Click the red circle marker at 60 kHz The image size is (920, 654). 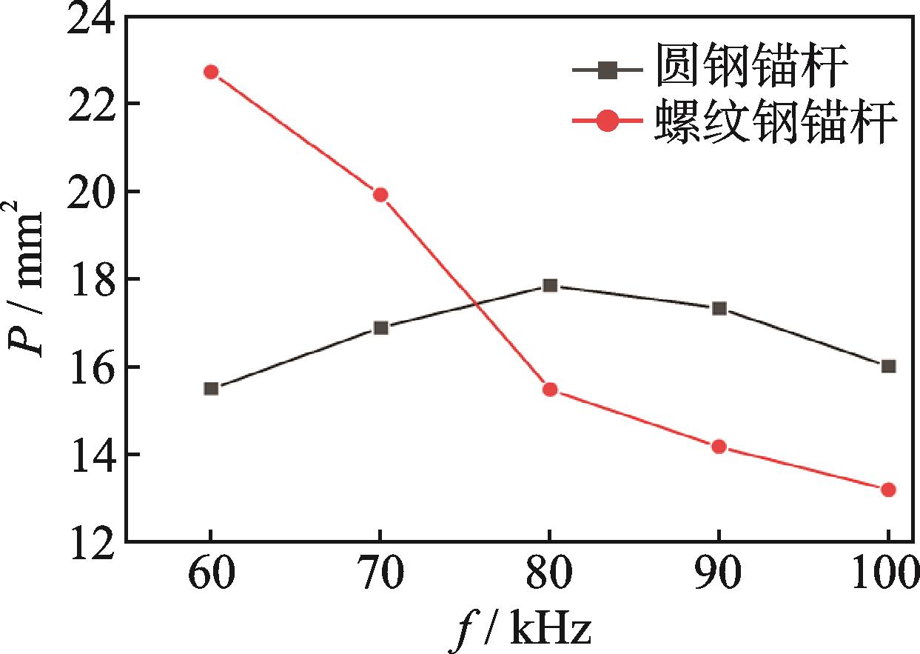point(211,72)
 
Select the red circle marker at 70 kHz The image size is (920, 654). point(380,195)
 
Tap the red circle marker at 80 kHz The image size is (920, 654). point(549,390)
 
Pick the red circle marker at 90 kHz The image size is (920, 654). point(719,447)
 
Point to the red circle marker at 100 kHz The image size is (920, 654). point(888,490)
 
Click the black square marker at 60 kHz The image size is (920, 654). point(211,388)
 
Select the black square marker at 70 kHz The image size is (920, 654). point(380,327)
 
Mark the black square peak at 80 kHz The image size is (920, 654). point(549,285)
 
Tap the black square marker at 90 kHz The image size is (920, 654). point(719,308)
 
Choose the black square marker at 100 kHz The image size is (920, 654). point(888,366)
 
